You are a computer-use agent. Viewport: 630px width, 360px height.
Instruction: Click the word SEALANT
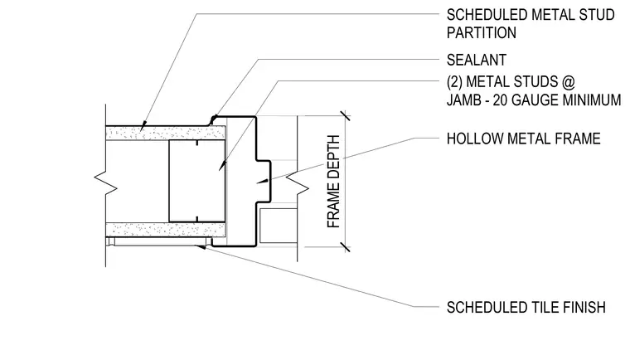tap(476, 60)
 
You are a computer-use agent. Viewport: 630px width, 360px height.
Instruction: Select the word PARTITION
tap(482, 32)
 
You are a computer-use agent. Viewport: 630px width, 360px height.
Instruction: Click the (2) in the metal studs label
tap(454, 82)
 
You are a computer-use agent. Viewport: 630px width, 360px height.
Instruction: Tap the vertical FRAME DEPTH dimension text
tap(333, 182)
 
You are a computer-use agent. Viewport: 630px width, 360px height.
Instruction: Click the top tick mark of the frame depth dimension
tap(345, 115)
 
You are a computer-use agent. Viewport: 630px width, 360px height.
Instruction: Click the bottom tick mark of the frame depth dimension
tap(345, 247)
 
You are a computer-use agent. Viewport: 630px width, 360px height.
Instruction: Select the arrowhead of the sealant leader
tap(213, 119)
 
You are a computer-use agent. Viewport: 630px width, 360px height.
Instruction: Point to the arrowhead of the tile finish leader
tap(201, 247)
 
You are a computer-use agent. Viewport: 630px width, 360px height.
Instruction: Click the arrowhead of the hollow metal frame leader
tap(263, 181)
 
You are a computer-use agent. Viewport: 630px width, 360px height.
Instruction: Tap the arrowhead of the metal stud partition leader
tap(143, 126)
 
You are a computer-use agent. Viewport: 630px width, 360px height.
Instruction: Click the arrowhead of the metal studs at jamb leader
tap(222, 166)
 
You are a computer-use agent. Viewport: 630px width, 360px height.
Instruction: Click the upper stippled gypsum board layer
tap(166, 134)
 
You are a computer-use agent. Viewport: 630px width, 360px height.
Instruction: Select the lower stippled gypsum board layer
tap(166, 230)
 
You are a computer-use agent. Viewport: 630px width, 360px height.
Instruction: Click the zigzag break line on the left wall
tap(105, 185)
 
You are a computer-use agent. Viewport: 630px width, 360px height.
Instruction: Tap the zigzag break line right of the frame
tap(298, 188)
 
